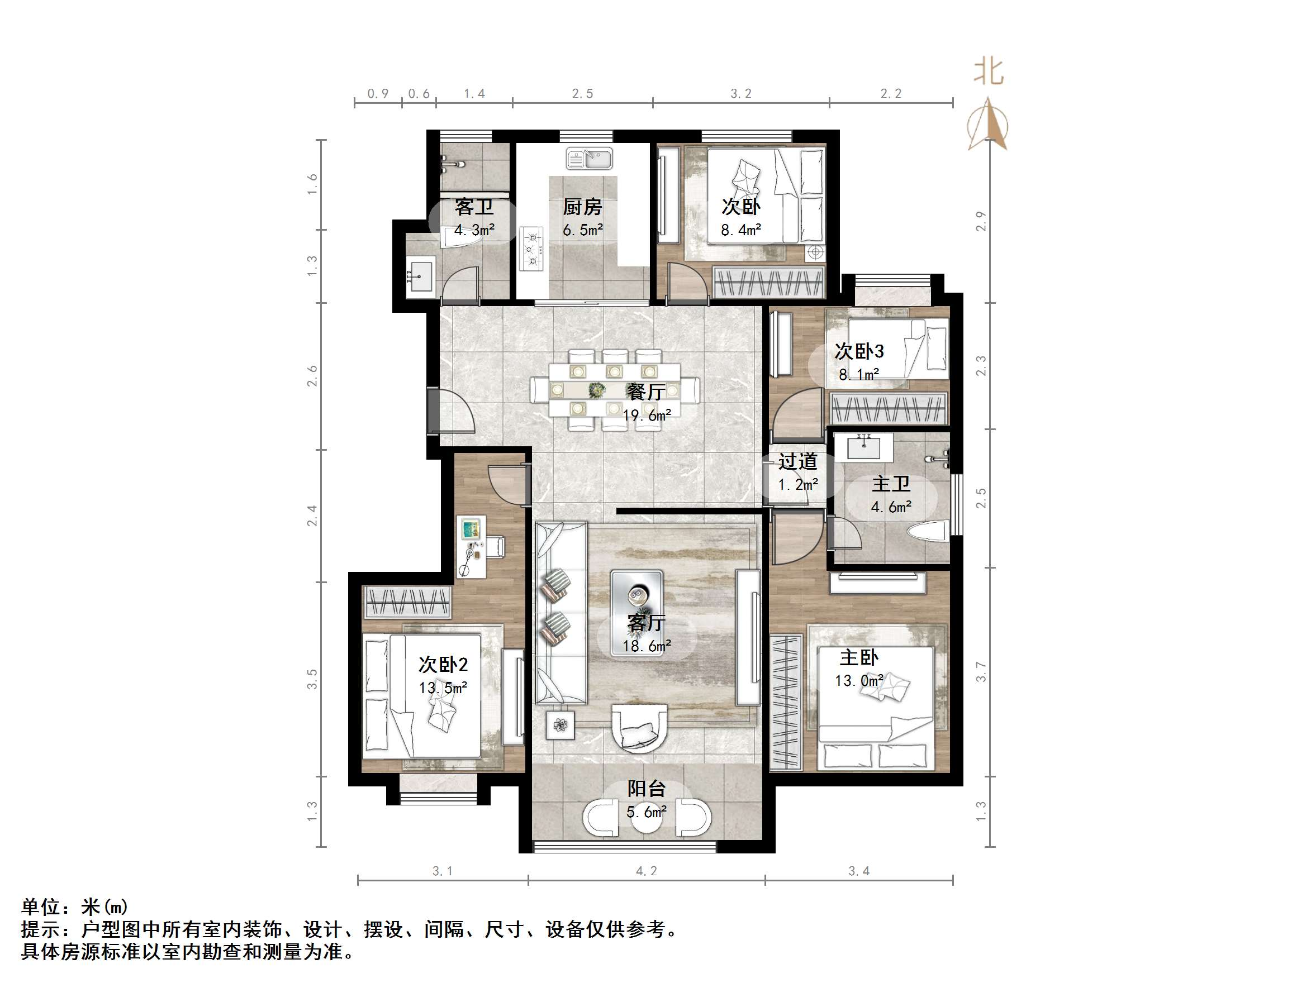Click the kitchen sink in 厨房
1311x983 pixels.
(589, 159)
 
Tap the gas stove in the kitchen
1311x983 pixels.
(531, 249)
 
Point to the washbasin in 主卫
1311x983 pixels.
(863, 447)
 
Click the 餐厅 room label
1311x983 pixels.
(645, 392)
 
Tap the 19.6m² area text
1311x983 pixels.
(647, 416)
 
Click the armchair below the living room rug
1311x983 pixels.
(639, 728)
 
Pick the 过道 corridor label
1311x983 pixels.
(798, 461)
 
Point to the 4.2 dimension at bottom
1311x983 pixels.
(646, 871)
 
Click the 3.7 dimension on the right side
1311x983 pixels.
(981, 672)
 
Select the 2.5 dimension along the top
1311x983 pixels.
(582, 94)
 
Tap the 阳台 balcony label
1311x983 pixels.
(646, 789)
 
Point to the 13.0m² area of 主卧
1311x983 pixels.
(859, 681)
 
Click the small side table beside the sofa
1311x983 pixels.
(560, 724)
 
